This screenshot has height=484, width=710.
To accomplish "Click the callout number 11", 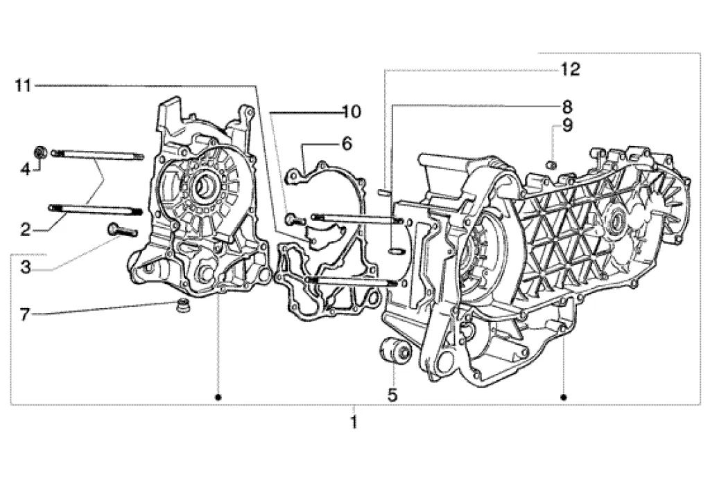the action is [23, 85].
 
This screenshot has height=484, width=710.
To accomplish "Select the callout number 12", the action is [570, 70].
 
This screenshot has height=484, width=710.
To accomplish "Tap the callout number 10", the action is [352, 111].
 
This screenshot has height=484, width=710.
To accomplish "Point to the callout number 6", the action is [347, 144].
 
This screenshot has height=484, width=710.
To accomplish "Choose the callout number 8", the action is [567, 107].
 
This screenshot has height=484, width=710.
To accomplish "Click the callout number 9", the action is [567, 125].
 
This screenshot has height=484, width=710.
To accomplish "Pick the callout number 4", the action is [26, 170].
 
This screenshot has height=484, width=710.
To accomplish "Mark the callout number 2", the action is [26, 230].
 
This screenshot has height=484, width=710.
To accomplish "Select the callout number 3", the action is [26, 267].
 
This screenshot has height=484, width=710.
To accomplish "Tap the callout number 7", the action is [25, 314].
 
